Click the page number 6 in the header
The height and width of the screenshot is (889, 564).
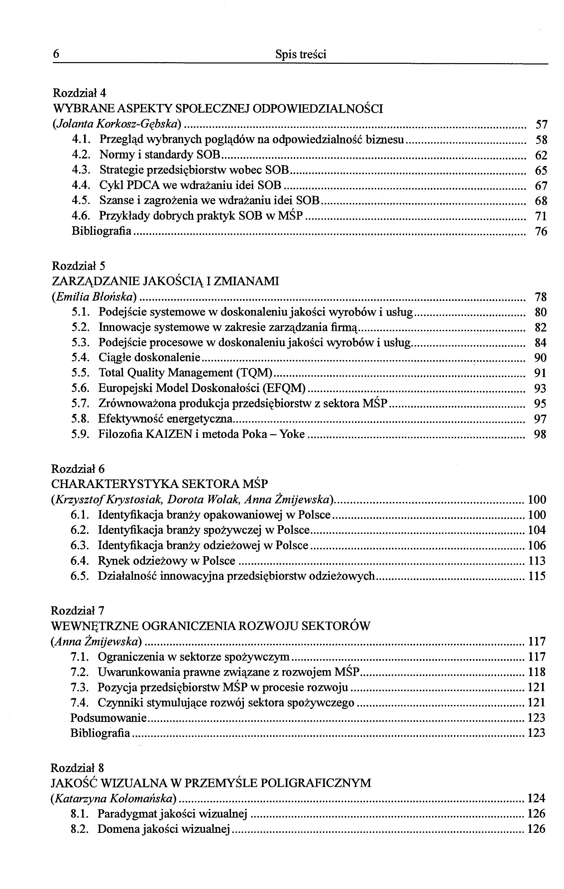(56, 54)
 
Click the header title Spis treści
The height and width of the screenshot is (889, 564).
(301, 54)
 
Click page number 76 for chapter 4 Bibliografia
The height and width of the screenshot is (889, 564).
(541, 232)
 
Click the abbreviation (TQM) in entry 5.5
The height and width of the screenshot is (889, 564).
(254, 373)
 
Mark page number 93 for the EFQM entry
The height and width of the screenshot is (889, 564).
(540, 388)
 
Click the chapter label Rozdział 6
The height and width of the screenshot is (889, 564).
(78, 469)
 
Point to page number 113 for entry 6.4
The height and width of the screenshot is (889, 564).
(537, 561)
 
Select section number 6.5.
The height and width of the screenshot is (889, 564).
(80, 576)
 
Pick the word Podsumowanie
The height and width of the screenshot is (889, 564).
(108, 718)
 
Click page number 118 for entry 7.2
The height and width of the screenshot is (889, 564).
(537, 672)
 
